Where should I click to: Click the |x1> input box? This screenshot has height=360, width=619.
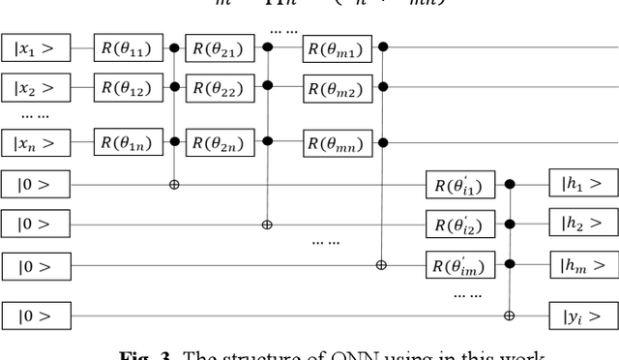point(36,46)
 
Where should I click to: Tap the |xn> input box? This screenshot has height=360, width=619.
point(36,142)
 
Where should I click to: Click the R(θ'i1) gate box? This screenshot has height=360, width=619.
point(460,182)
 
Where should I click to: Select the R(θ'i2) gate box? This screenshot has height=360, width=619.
point(460,224)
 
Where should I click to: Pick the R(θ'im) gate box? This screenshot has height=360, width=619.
point(460,264)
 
